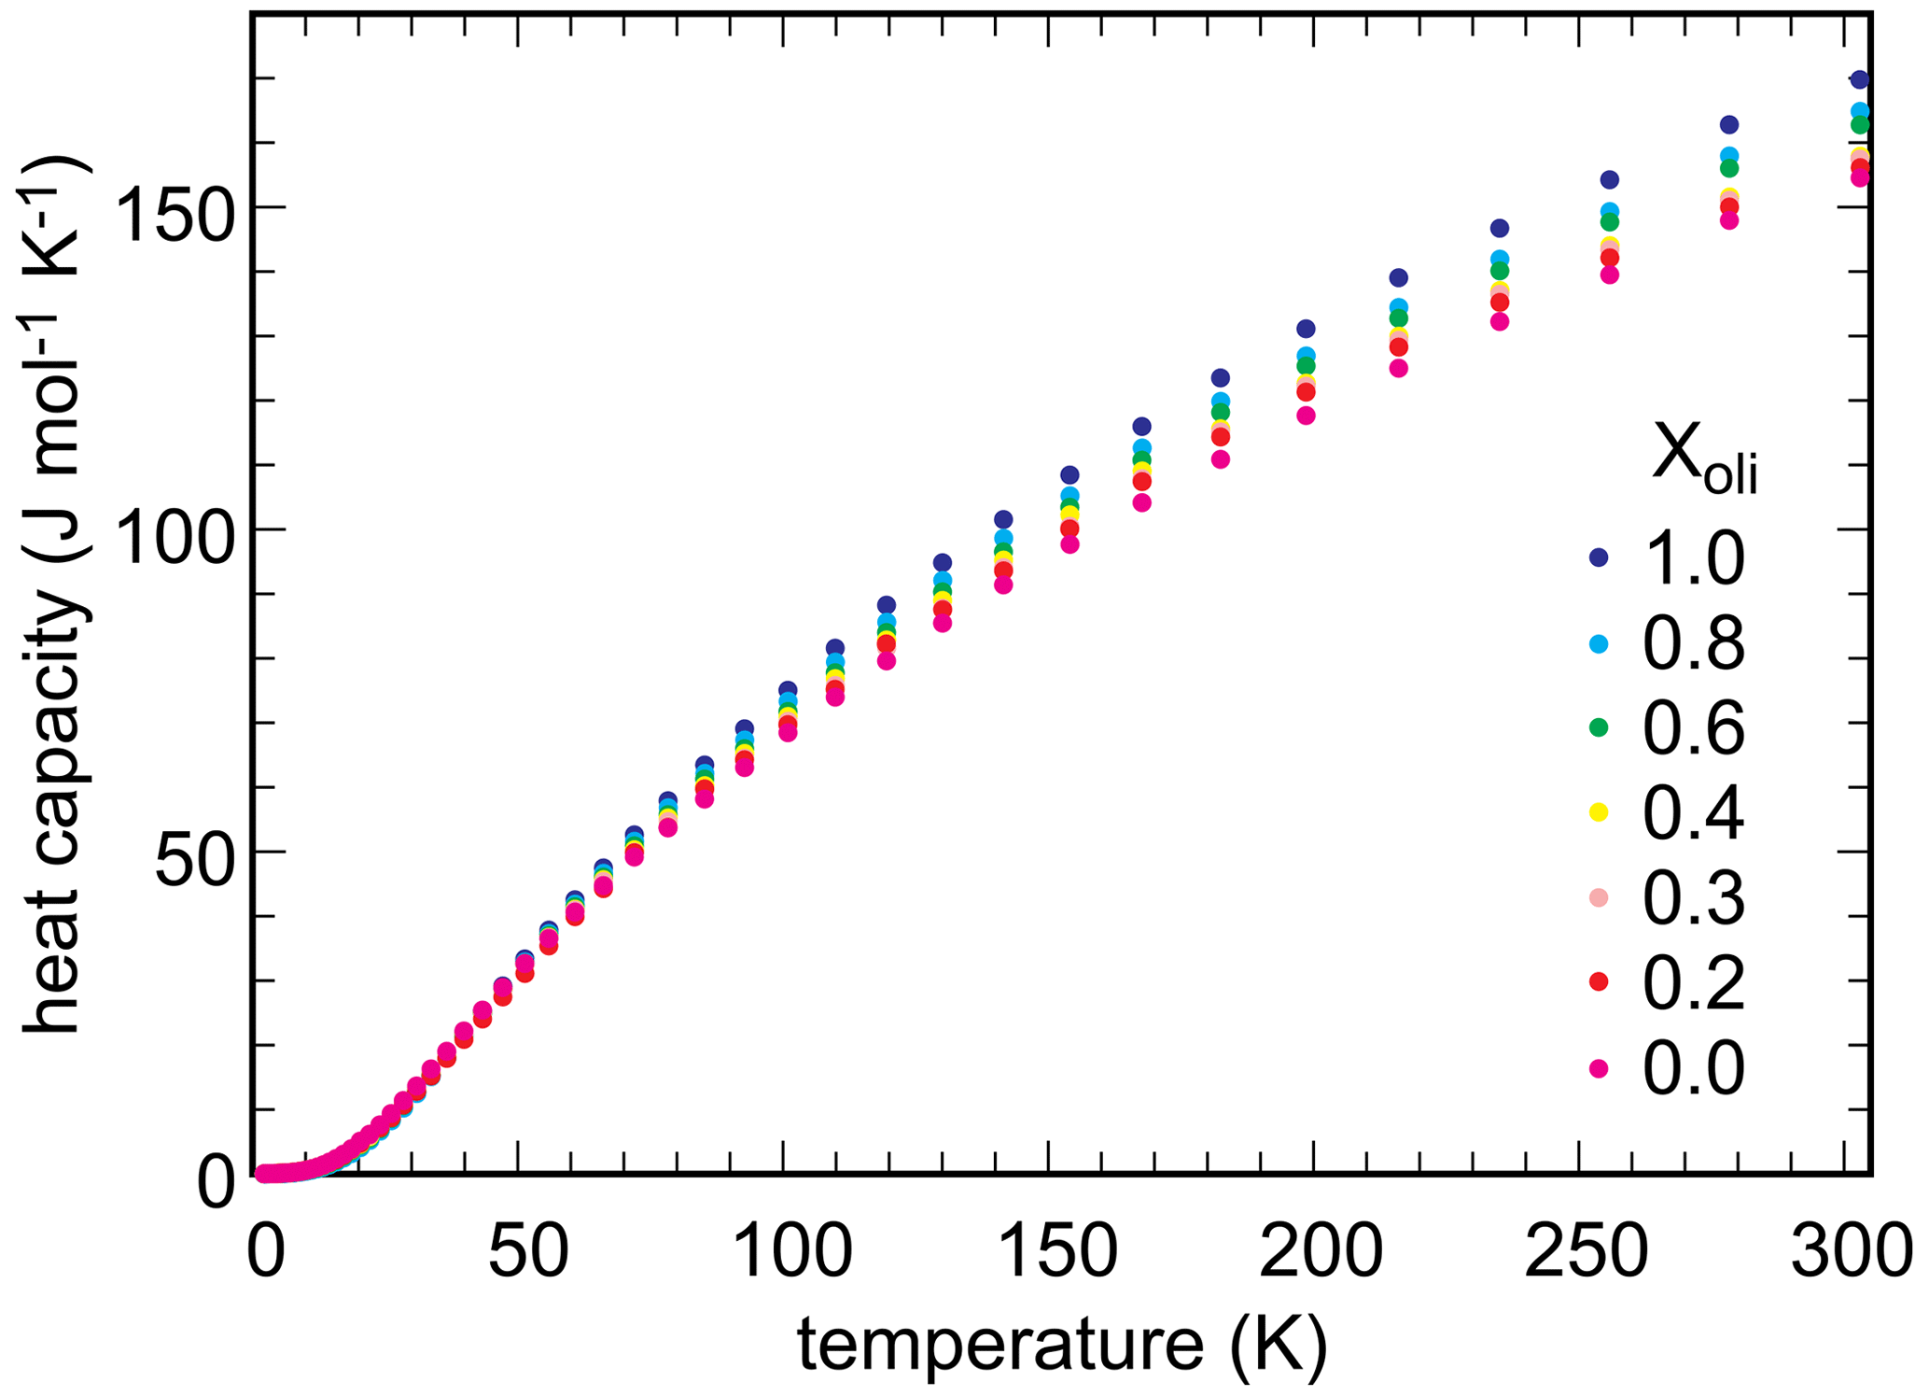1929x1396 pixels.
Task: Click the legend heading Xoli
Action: pyautogui.click(x=1704, y=458)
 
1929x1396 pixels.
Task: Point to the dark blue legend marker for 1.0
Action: pyautogui.click(x=1599, y=557)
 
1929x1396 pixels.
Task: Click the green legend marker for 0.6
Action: pyautogui.click(x=1599, y=727)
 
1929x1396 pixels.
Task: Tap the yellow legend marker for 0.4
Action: pyautogui.click(x=1599, y=812)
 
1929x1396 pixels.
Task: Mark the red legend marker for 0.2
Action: pyautogui.click(x=1599, y=981)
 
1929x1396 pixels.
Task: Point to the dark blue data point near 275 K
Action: pyautogui.click(x=1728, y=125)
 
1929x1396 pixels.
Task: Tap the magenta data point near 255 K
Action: pyautogui.click(x=1609, y=275)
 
